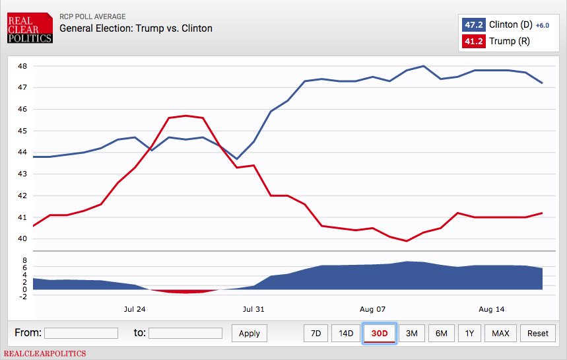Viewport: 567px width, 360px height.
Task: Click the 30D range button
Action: coord(380,334)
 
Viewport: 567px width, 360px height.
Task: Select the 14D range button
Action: coord(346,334)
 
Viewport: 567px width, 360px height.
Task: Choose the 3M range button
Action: coord(411,334)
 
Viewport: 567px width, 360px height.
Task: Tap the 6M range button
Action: coord(441,334)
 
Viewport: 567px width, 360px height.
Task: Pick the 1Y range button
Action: coord(469,334)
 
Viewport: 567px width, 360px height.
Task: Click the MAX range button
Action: coord(500,334)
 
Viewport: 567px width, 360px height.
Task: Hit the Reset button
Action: coord(537,334)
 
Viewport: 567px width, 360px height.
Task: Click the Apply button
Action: coord(249,334)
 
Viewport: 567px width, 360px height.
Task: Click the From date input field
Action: coord(81,333)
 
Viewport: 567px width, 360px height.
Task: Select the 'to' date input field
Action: coord(185,333)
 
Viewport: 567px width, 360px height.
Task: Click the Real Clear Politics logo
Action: coord(30,29)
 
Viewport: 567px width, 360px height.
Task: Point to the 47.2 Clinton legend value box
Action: coord(473,25)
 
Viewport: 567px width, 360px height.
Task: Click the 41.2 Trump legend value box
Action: coord(473,42)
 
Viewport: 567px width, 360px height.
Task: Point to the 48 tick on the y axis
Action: coord(22,66)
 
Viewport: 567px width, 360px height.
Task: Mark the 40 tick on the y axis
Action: coord(22,239)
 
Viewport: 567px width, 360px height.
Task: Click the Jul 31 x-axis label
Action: coord(253,309)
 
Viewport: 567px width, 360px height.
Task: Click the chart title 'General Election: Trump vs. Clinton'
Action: coord(136,28)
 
